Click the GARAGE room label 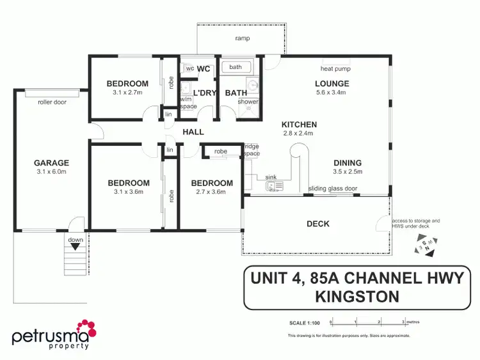tap(51, 163)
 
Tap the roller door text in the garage tap(52, 102)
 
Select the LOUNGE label tap(332, 83)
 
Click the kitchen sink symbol tap(275, 186)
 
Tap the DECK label tap(318, 224)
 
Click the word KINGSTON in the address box tap(357, 296)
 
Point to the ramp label tap(242, 38)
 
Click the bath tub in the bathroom tap(236, 67)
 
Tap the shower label tap(248, 102)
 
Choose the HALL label tap(193, 132)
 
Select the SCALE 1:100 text tap(303, 322)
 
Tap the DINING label tap(348, 163)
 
